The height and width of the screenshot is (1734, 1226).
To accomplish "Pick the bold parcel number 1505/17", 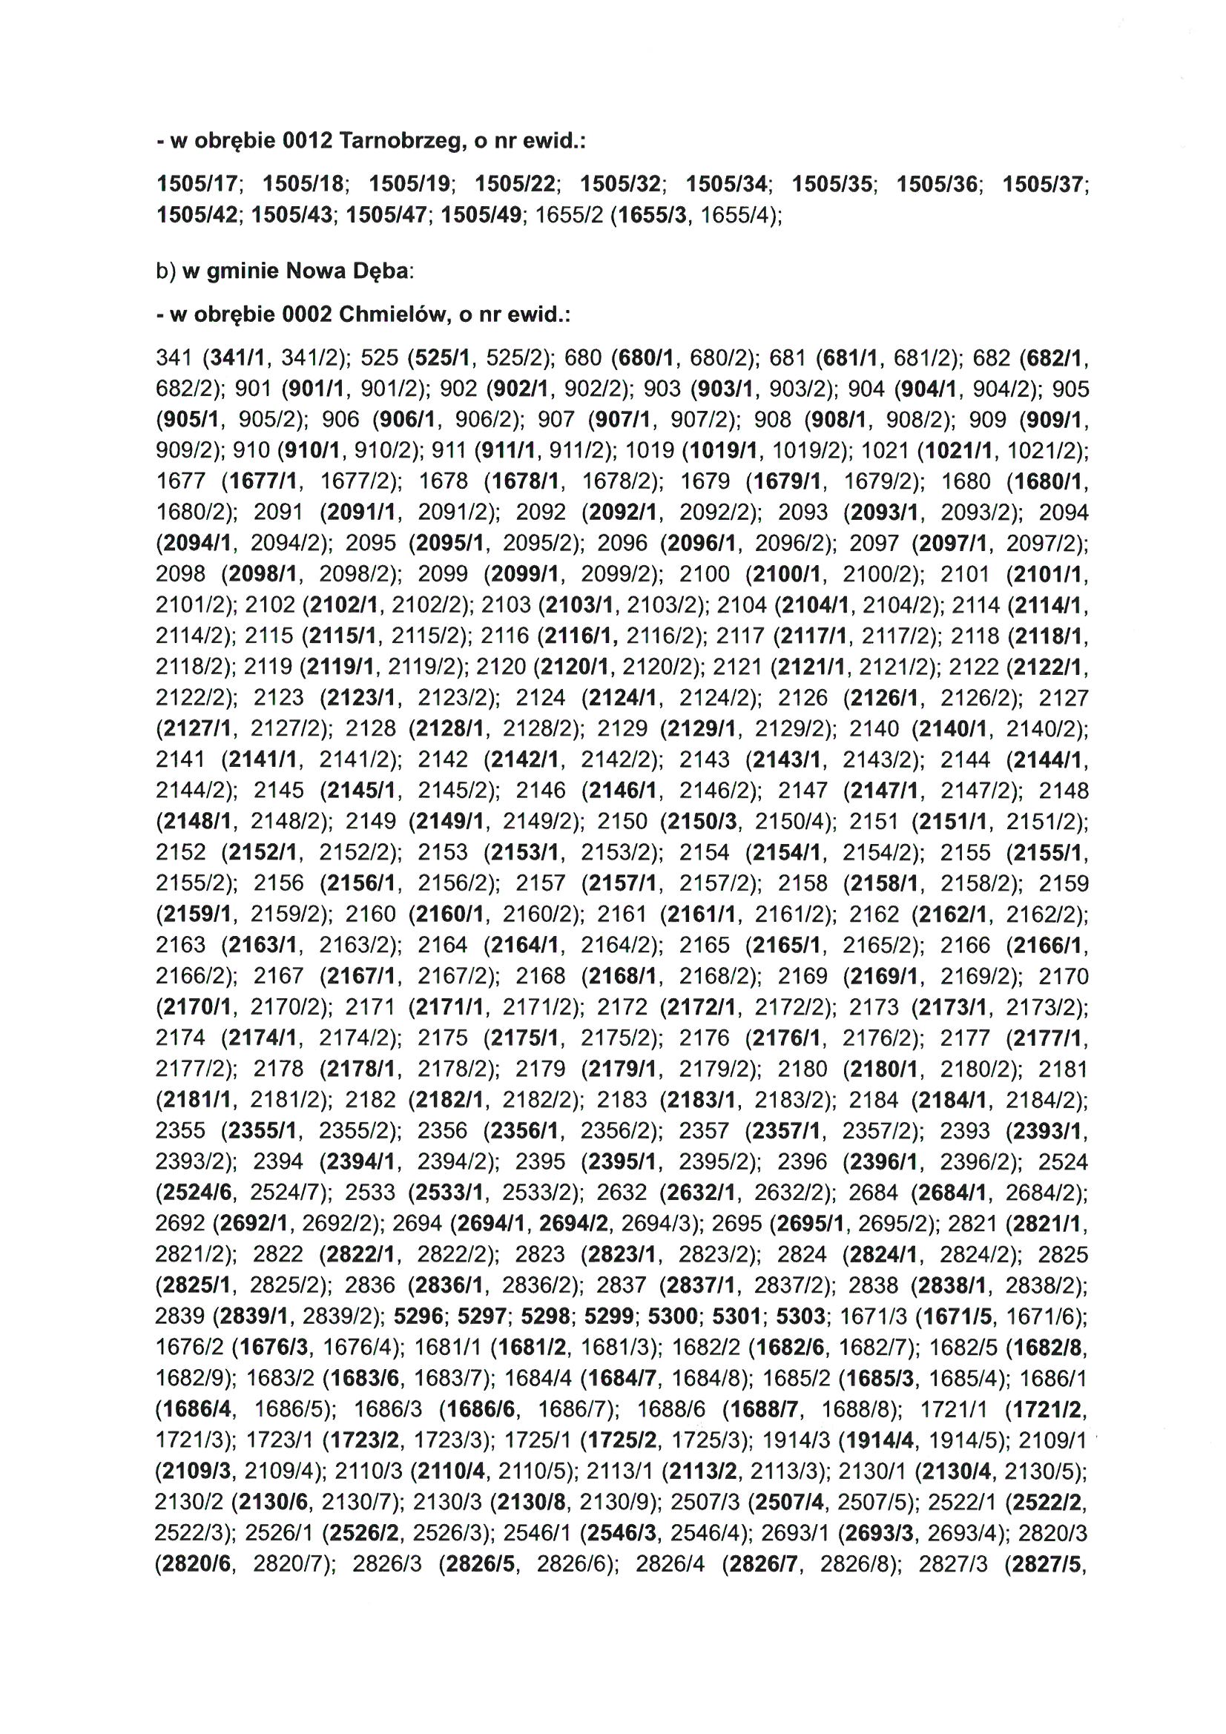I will (x=197, y=184).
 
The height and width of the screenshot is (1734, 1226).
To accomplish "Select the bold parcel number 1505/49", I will (x=481, y=215).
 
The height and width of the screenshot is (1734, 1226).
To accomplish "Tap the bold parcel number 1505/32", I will (x=619, y=184).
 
